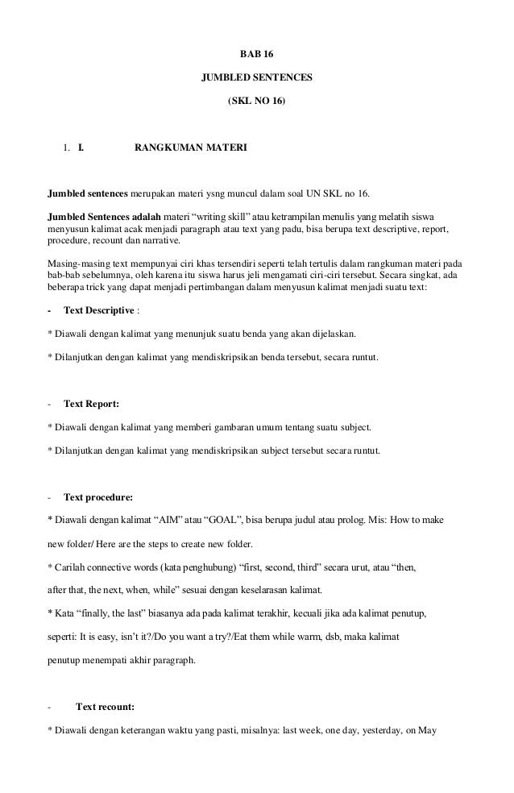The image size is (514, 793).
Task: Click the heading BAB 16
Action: [257, 56]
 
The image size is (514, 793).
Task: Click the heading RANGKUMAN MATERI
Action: [180, 148]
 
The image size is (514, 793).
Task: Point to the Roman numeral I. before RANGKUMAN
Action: [81, 148]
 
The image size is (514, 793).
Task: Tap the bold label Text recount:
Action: [105, 707]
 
